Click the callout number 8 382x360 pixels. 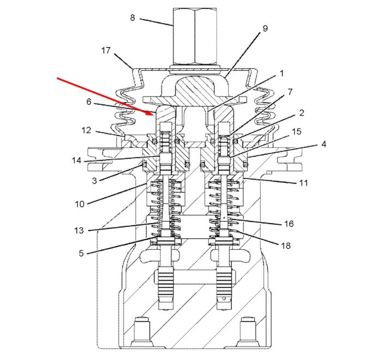[133, 18]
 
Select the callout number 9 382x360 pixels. [265, 28]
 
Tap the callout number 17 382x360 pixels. [106, 50]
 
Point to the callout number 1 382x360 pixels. [282, 73]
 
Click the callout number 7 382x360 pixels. [290, 92]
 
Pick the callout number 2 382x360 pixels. [302, 113]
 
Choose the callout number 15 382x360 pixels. [296, 131]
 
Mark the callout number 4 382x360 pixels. [324, 144]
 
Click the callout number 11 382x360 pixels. [303, 183]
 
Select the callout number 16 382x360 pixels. [289, 224]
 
